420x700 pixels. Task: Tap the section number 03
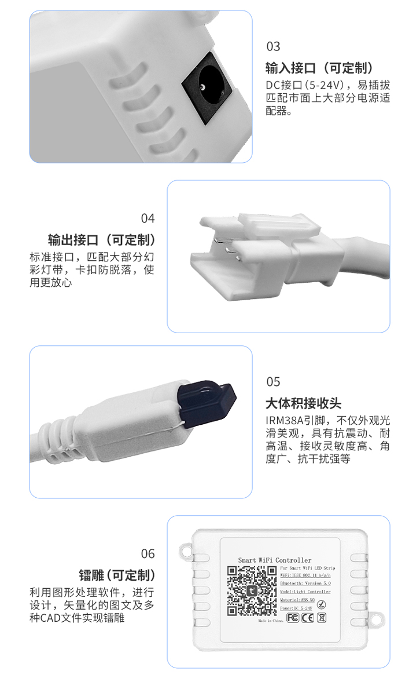273,46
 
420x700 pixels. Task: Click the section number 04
148,218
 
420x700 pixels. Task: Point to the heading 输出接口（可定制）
101,240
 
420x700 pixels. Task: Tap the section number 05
273,382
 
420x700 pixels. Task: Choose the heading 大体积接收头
303,403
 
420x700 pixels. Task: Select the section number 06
148,554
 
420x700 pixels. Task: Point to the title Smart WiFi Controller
275,560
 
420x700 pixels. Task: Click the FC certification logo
293,618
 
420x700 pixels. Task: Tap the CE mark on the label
308,618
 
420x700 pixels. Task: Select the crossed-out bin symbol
322,618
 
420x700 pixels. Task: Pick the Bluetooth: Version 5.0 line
305,584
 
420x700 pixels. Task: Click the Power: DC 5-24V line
296,608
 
